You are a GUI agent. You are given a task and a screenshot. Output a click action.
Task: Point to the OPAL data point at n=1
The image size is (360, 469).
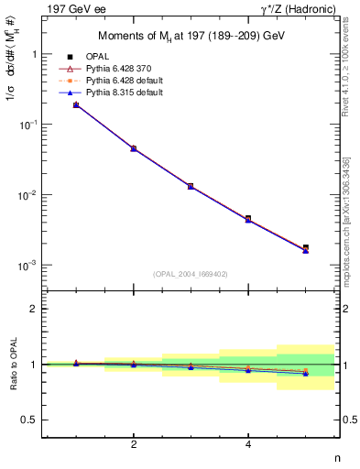(76, 105)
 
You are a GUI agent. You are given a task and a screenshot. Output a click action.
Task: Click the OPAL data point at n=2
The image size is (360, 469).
(134, 148)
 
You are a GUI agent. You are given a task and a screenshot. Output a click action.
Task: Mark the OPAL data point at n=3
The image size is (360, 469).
(191, 186)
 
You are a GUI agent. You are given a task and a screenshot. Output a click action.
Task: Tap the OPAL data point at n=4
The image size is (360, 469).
(248, 219)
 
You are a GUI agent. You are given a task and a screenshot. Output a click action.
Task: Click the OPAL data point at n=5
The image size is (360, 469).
(306, 247)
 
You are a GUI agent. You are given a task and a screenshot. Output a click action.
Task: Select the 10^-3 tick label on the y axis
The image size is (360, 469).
(29, 266)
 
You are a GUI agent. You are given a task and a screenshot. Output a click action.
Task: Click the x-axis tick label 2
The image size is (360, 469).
(134, 444)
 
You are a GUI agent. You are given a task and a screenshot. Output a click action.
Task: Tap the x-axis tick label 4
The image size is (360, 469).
(248, 444)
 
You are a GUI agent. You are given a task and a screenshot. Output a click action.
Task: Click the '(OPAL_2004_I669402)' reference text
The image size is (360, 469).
(191, 273)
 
